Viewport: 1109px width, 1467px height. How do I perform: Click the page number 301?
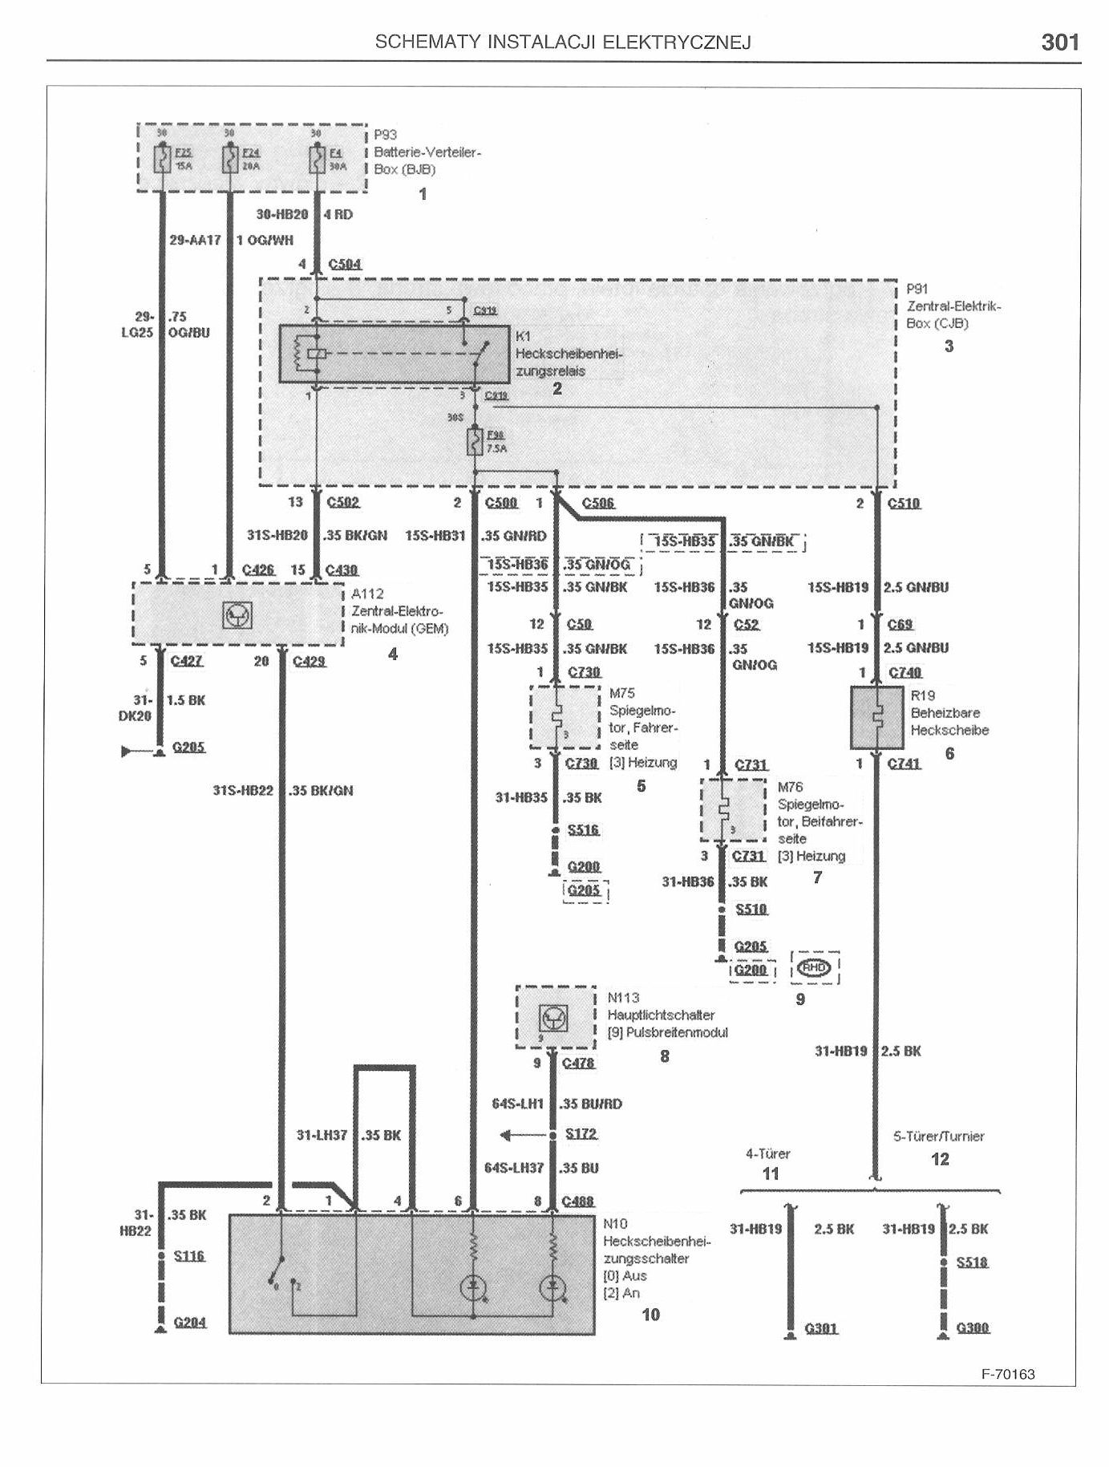(1059, 43)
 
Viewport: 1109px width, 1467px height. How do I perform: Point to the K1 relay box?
(394, 354)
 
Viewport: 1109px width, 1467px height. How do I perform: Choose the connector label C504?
(345, 264)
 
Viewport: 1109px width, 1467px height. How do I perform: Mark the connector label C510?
(904, 504)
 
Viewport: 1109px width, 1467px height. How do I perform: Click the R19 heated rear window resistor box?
(876, 717)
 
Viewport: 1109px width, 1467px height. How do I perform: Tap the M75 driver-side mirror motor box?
(565, 717)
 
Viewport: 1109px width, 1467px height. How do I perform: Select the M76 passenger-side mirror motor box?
(733, 810)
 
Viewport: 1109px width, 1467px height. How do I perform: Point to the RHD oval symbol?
(815, 967)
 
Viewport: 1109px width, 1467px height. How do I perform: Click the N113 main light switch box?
(555, 1017)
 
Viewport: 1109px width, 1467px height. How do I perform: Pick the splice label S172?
(581, 1134)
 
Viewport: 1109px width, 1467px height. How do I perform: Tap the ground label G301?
(821, 1328)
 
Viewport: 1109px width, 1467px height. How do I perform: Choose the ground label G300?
(973, 1328)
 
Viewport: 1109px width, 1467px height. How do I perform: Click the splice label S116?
(189, 1255)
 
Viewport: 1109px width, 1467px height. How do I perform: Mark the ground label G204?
(190, 1322)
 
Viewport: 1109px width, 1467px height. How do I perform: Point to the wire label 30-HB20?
(282, 215)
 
